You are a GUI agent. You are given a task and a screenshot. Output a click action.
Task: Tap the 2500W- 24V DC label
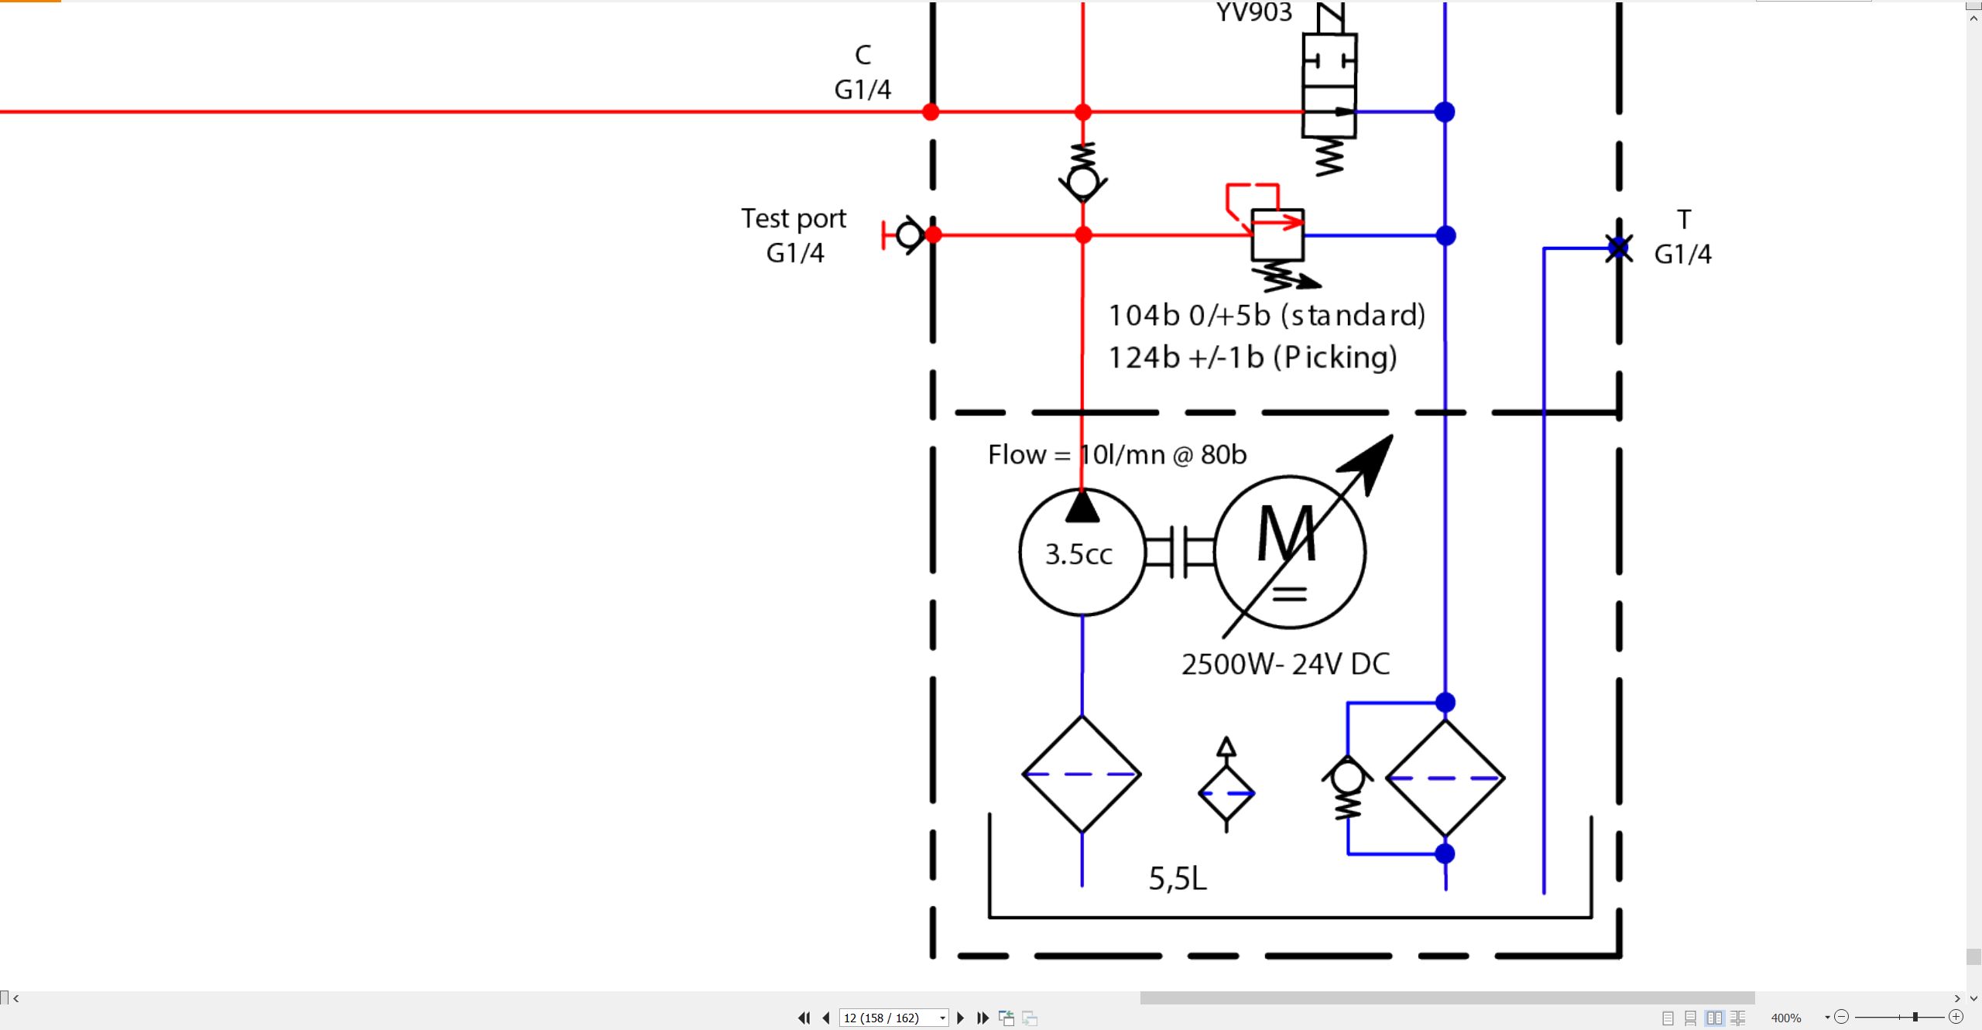click(x=1285, y=664)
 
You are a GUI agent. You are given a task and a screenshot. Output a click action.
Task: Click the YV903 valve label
click(x=1253, y=12)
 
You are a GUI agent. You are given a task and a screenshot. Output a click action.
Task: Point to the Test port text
click(x=794, y=219)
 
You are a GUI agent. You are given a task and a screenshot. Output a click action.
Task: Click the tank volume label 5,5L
click(x=1178, y=878)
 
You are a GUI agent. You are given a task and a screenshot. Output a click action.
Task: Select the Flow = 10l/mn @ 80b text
click(x=1117, y=454)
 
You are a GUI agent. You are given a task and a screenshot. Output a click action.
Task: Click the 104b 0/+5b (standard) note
click(x=1267, y=315)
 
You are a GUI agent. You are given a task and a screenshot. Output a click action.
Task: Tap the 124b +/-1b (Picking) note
click(x=1253, y=358)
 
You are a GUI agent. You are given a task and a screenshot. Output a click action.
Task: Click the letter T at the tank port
click(x=1684, y=219)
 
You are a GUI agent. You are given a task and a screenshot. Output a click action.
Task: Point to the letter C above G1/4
click(x=863, y=54)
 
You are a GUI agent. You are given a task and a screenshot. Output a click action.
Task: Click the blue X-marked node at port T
click(x=1618, y=248)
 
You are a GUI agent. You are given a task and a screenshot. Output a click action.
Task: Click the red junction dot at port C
click(x=931, y=112)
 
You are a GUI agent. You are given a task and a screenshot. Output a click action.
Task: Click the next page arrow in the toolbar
click(x=961, y=1018)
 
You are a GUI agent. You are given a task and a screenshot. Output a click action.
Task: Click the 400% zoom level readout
click(x=1786, y=1018)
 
